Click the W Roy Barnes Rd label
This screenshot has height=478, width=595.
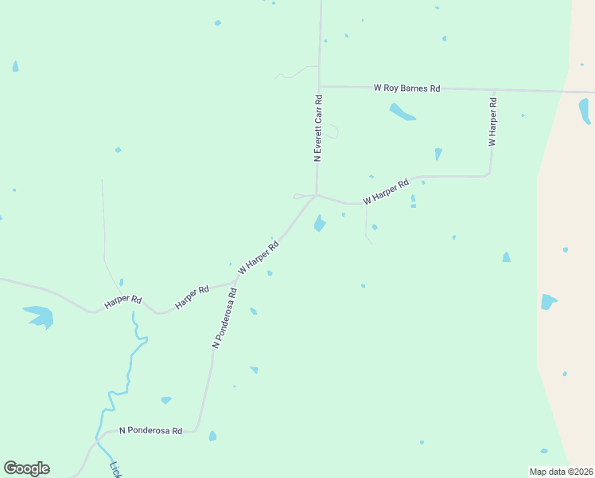pyautogui.click(x=406, y=88)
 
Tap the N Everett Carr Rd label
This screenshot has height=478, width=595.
pyautogui.click(x=318, y=129)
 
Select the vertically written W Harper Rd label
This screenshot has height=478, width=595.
pyautogui.click(x=493, y=121)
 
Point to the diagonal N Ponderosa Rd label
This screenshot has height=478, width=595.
pyautogui.click(x=225, y=317)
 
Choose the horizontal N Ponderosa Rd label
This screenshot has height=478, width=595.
pyautogui.click(x=151, y=430)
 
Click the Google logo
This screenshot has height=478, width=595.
pyautogui.click(x=26, y=468)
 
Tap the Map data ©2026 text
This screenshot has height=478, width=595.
pyautogui.click(x=561, y=472)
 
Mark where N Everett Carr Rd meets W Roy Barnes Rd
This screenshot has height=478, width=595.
pyautogui.click(x=319, y=87)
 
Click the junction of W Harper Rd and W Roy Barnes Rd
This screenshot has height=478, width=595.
pyautogui.click(x=494, y=90)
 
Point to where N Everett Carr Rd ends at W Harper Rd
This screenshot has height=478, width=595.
pyautogui.click(x=317, y=194)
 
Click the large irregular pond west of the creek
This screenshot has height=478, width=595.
pyautogui.click(x=39, y=315)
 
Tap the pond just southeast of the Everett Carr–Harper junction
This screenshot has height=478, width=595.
pyautogui.click(x=320, y=224)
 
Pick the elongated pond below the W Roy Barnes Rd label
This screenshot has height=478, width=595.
pyautogui.click(x=402, y=112)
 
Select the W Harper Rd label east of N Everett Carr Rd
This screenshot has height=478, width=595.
pyautogui.click(x=386, y=191)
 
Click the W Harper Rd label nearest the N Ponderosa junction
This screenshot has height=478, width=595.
pyautogui.click(x=259, y=258)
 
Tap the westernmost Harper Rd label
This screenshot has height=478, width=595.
pyautogui.click(x=122, y=303)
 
